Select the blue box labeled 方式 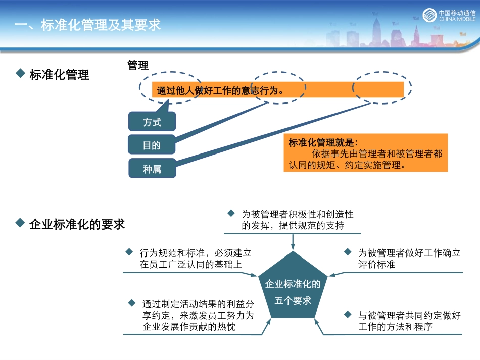click(152, 122)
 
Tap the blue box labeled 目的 click(152, 145)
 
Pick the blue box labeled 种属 click(152, 169)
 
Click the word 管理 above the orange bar click(138, 65)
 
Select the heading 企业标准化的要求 click(77, 224)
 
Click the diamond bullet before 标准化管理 click(20, 74)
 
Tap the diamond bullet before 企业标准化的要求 click(20, 223)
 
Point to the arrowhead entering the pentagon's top click(293, 247)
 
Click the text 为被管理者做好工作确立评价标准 click(409, 259)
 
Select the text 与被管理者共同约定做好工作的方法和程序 click(409, 321)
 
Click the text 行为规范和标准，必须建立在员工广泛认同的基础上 click(196, 259)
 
